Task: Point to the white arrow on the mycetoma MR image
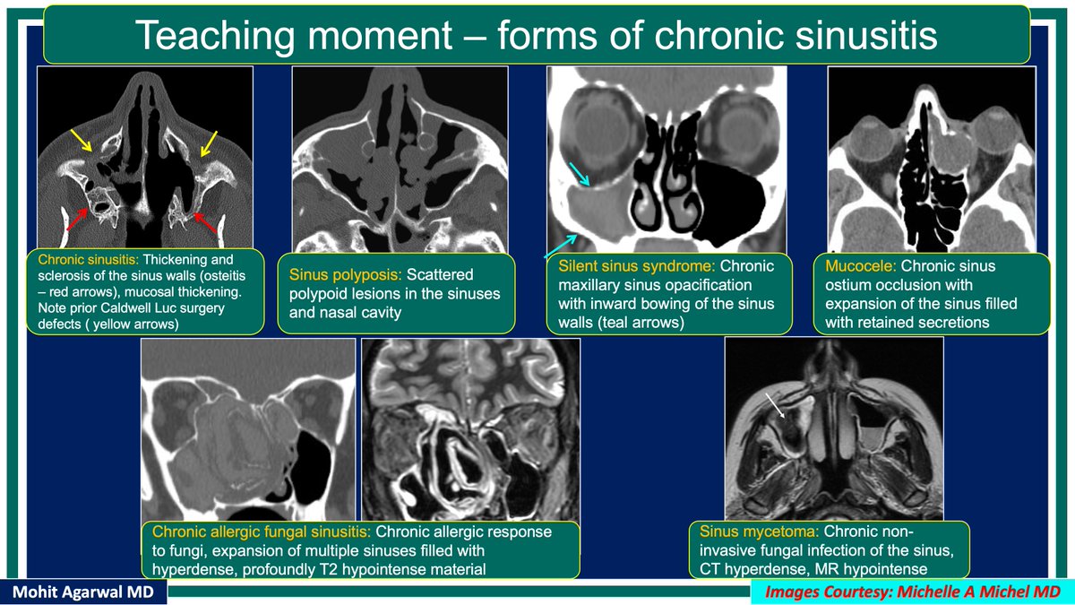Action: (776, 408)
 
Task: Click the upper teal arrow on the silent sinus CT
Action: (578, 177)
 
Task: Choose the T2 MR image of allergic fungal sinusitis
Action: (470, 430)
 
